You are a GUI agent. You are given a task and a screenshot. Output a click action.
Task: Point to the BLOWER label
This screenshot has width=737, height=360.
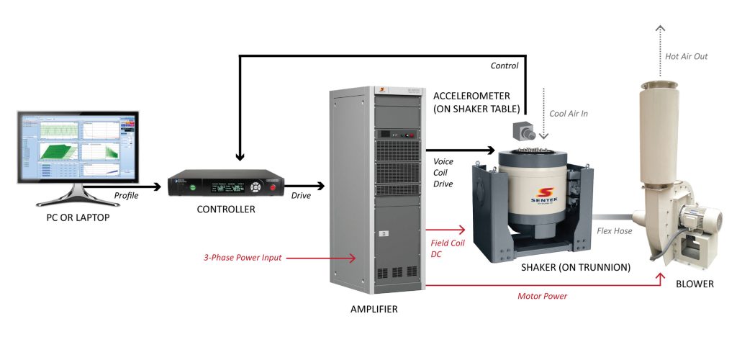pyautogui.click(x=695, y=284)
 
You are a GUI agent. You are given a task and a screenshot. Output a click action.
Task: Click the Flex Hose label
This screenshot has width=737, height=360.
pyautogui.click(x=612, y=231)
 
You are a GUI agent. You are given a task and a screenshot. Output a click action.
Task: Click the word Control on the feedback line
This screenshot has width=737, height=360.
pyautogui.click(x=505, y=66)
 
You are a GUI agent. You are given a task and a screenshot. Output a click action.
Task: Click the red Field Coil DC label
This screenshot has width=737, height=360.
pyautogui.click(x=447, y=249)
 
